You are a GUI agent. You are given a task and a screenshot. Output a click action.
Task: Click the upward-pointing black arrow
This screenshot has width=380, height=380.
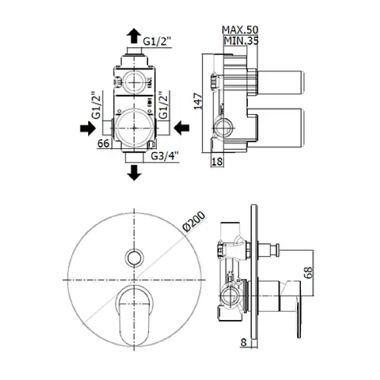(134, 36)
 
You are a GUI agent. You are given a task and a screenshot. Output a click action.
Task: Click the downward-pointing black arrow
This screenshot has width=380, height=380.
(134, 173)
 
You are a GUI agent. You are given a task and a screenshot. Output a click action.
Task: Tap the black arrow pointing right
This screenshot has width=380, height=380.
(87, 128)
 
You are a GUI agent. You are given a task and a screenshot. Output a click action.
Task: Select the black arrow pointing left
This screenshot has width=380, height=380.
(182, 128)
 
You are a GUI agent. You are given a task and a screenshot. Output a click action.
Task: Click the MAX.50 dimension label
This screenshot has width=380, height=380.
(240, 30)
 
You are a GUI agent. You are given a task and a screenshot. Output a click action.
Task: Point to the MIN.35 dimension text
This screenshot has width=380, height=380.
(241, 40)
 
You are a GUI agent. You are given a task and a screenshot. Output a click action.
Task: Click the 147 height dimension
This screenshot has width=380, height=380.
(198, 101)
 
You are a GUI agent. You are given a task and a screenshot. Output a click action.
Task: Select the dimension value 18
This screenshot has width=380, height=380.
(217, 161)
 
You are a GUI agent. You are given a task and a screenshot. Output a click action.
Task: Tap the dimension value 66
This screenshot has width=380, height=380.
(103, 144)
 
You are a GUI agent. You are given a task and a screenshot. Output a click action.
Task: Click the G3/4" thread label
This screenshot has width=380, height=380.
(165, 156)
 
